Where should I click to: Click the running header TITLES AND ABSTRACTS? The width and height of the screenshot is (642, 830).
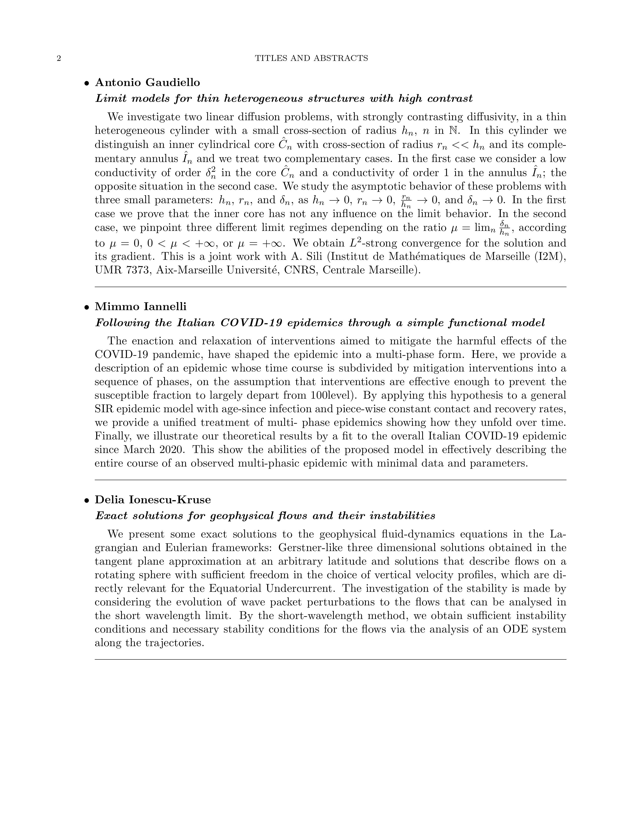311,58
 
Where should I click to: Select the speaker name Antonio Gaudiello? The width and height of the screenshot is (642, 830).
147,82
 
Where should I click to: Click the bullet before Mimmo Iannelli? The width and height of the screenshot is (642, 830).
87,307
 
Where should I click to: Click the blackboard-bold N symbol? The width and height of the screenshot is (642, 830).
454,131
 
